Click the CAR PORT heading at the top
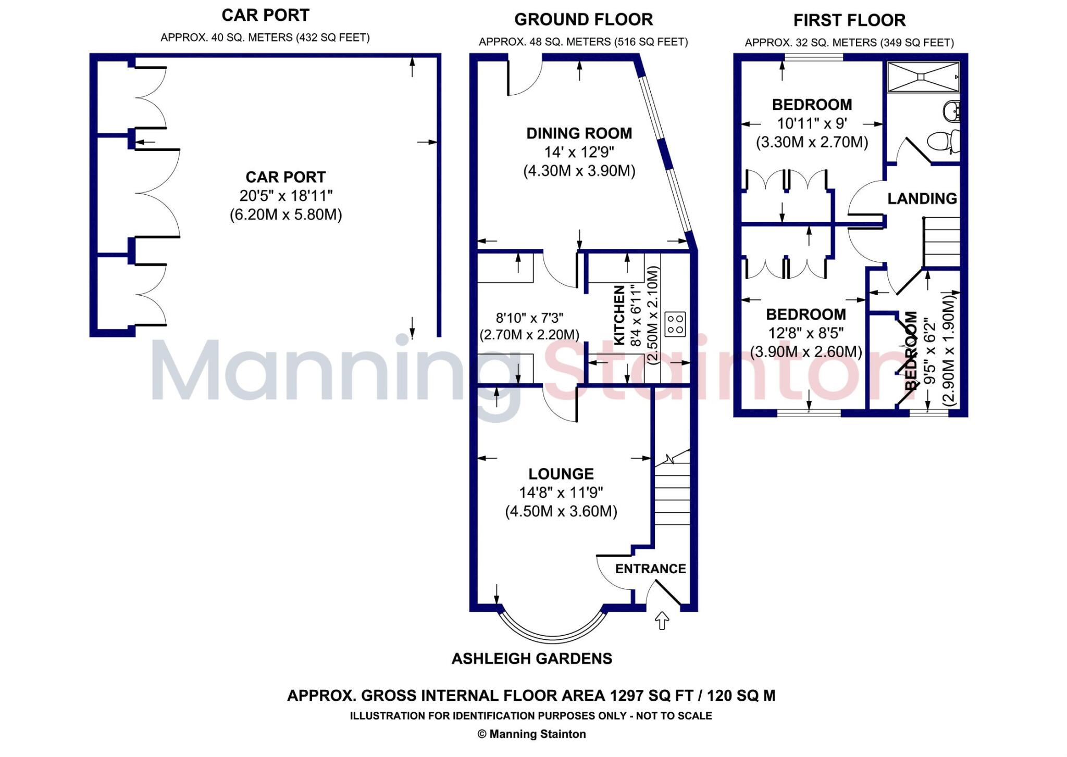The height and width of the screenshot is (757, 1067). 265,16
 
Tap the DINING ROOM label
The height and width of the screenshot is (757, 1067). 579,133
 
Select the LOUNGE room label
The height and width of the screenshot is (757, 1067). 561,474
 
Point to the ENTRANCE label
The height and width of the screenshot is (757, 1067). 650,569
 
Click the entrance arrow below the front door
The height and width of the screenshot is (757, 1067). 662,621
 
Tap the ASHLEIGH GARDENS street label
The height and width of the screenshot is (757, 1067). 531,659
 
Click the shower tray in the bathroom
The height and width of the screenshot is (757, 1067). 923,78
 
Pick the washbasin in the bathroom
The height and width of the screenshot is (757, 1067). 951,111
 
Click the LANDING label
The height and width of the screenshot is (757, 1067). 922,198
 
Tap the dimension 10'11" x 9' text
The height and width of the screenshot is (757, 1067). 812,123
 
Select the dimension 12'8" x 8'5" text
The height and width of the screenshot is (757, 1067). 805,333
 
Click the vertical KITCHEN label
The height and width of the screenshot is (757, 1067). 619,315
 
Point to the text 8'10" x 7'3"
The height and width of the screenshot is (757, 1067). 529,318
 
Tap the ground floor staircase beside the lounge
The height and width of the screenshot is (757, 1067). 672,495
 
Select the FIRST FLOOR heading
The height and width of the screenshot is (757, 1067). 849,20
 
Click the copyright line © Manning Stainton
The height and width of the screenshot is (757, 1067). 531,734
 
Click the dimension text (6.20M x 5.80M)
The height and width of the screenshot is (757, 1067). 286,215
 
